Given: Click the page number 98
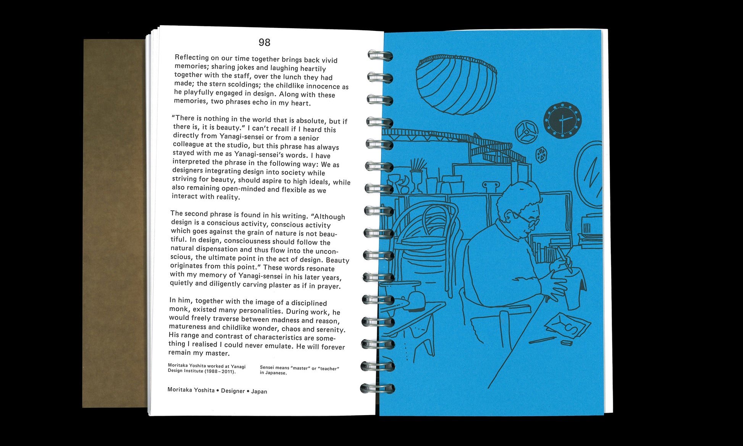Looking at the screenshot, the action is point(264,42).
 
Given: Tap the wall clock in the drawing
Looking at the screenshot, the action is point(562,120).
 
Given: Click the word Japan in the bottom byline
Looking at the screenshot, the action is point(259,391).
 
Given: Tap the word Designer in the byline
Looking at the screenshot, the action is point(233,391).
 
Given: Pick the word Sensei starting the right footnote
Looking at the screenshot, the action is point(267,367).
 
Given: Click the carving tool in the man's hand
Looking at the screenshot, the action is point(564,259).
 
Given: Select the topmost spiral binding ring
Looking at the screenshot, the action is point(380,56).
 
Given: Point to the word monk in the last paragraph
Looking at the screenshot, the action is point(179,309).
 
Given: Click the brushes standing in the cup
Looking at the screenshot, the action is point(418,165).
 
